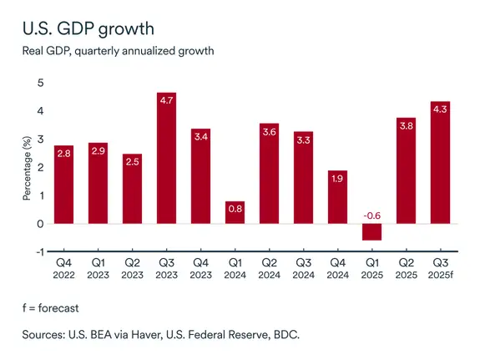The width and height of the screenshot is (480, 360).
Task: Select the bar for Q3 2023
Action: pyautogui.click(x=166, y=159)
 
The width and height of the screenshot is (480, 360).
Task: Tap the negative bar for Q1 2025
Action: pyautogui.click(x=371, y=231)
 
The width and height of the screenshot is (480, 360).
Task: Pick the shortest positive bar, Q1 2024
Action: pyautogui.click(x=235, y=212)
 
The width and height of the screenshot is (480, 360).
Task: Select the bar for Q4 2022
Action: pyautogui.click(x=63, y=184)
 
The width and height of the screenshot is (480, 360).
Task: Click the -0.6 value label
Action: pyautogui.click(x=371, y=215)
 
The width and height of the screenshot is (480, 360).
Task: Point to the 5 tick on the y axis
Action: pyautogui.click(x=40, y=83)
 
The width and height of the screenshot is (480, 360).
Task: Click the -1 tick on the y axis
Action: pyautogui.click(x=38, y=251)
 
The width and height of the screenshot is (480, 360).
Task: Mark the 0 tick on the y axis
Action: pyautogui.click(x=40, y=224)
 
